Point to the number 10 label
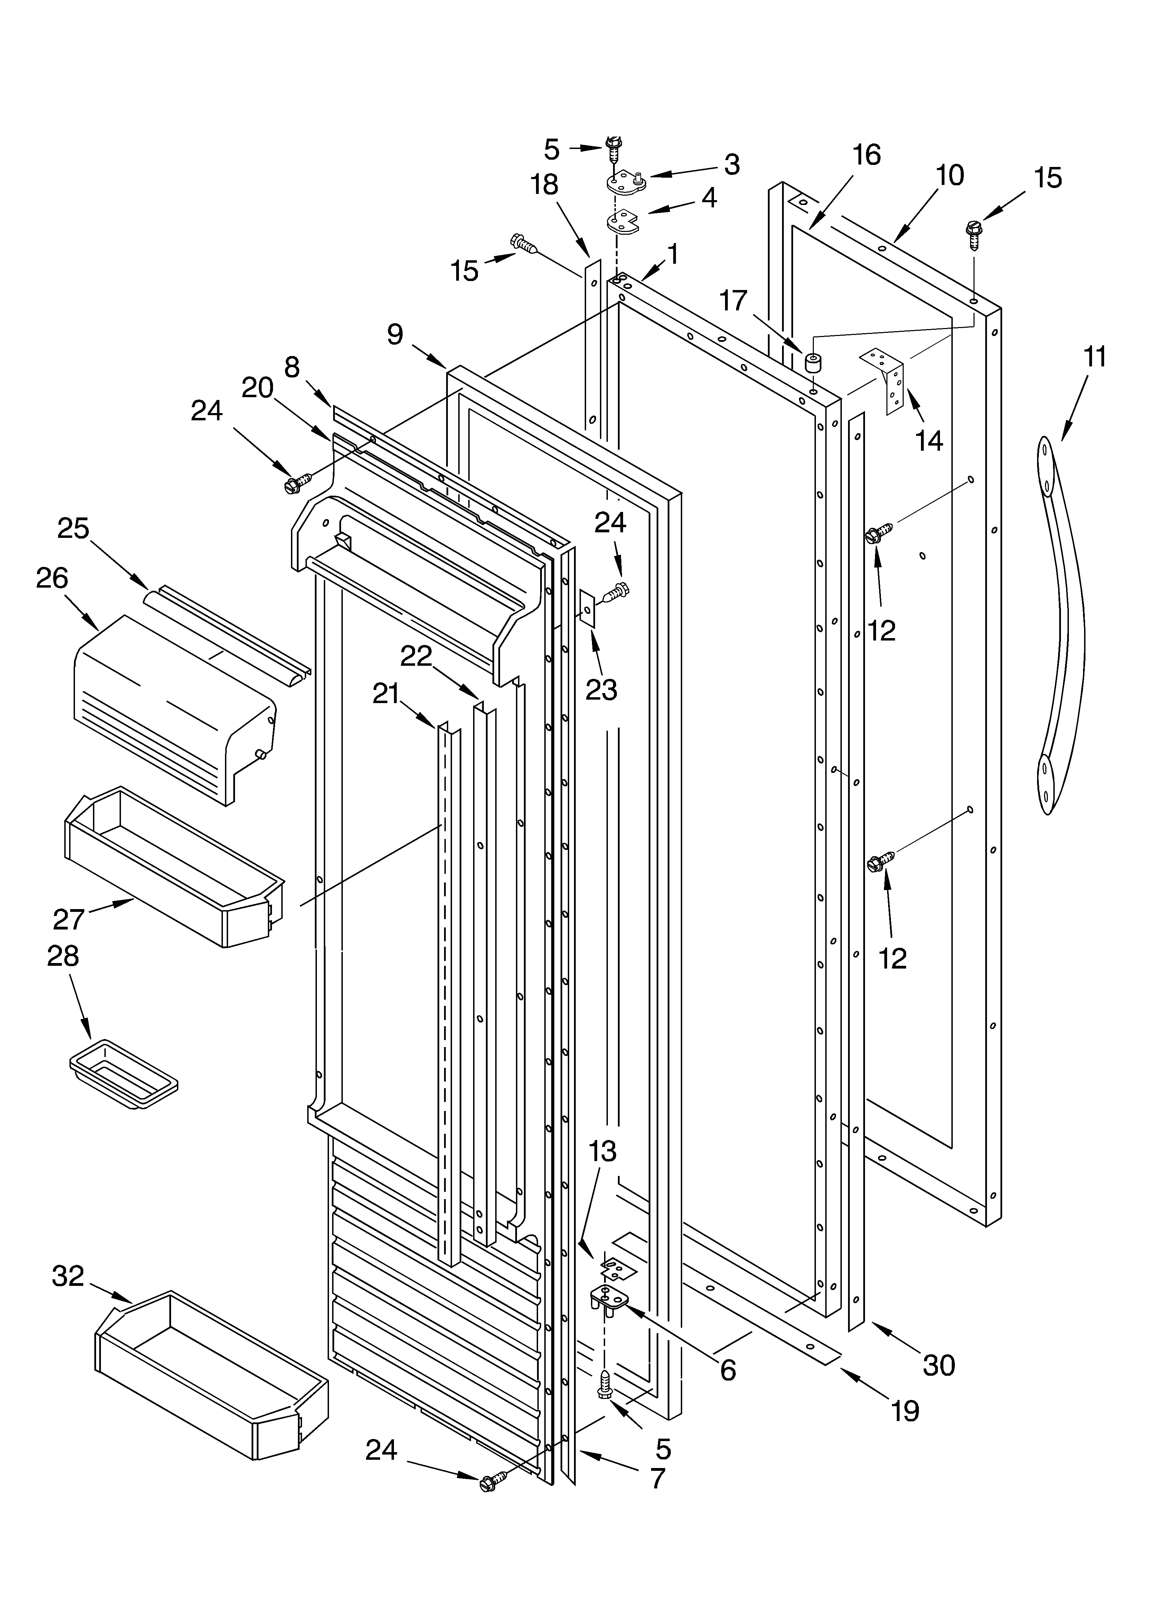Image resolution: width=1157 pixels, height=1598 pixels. click(950, 175)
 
